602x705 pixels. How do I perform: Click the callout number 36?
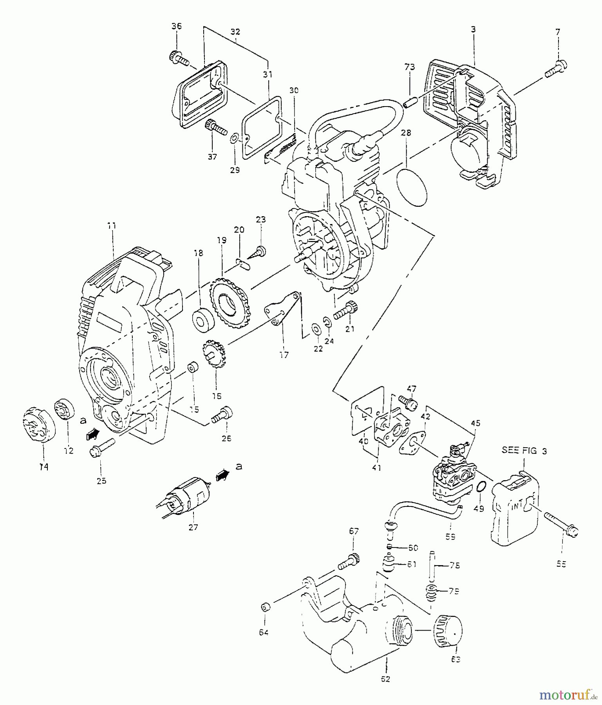(177, 26)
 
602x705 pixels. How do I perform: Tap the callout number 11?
(112, 226)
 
